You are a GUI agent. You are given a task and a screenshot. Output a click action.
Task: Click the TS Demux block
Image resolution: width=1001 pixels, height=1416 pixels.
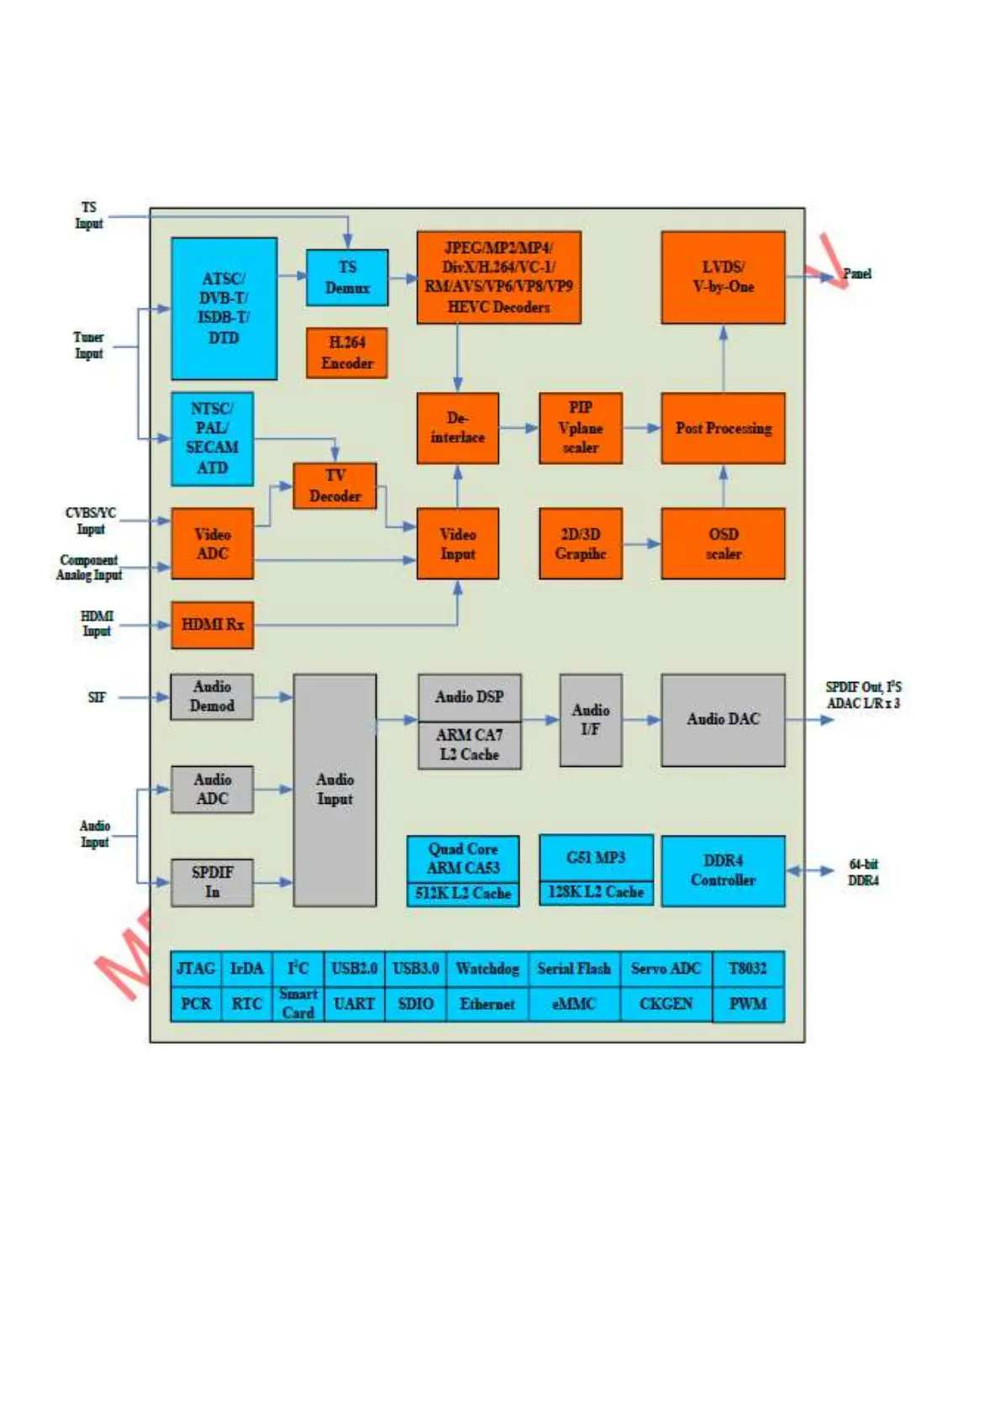346,277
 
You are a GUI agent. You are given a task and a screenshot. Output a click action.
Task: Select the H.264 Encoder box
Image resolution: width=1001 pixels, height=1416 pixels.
346,353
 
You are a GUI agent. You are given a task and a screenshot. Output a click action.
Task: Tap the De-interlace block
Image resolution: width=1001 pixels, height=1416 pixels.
457,428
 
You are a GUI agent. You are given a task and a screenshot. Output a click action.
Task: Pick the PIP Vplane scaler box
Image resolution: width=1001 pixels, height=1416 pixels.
580,428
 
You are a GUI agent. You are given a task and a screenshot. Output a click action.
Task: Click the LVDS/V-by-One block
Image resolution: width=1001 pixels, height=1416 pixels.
723,277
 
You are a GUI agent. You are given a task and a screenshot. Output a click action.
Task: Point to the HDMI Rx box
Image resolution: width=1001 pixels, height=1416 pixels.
212,625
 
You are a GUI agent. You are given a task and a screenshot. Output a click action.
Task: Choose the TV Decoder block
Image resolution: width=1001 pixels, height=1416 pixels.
335,486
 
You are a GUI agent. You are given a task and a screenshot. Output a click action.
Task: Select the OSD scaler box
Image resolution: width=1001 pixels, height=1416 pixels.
723,543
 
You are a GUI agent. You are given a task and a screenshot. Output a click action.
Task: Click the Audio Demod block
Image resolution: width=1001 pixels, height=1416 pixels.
212,696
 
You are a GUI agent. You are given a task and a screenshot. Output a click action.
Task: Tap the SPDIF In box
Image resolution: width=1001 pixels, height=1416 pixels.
212,882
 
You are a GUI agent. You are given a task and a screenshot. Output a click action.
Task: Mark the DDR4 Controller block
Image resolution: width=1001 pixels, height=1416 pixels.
723,870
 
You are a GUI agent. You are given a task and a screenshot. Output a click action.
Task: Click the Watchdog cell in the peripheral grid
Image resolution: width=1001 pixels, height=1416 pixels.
487,969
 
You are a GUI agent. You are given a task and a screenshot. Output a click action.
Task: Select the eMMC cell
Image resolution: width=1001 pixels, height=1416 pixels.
574,1004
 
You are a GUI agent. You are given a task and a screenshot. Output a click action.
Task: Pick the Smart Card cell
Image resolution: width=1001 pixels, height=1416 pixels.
298,1004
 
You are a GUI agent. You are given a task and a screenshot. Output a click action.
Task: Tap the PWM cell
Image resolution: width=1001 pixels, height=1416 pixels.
748,1004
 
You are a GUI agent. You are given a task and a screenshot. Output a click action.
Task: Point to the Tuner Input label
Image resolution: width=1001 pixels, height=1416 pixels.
88,346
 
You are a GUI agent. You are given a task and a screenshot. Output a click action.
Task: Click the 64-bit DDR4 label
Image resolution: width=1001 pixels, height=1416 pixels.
863,872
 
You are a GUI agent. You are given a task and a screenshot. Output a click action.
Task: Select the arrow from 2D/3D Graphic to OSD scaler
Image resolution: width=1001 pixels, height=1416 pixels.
642,544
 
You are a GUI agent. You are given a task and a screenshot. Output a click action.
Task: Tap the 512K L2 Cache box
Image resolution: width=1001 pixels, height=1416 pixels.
463,894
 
